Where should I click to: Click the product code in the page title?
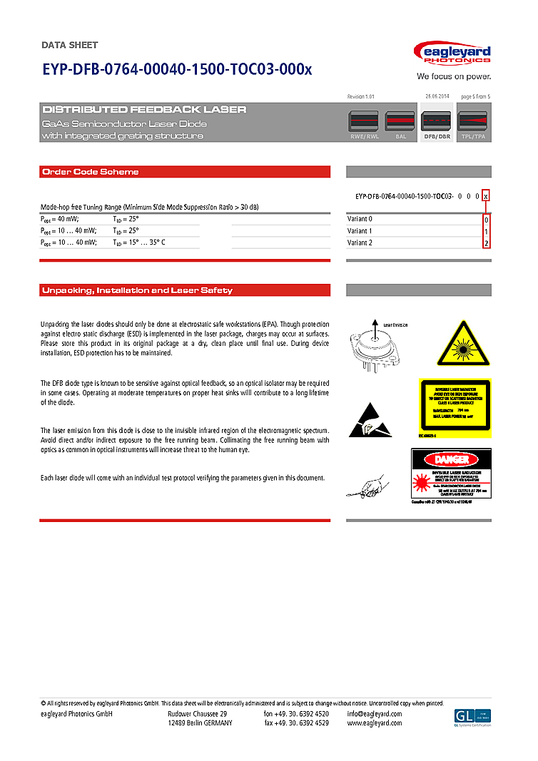coord(177,69)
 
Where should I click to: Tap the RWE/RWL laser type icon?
coord(364,126)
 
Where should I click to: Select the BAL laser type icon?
coord(400,126)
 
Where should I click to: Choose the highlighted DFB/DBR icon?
coord(437,126)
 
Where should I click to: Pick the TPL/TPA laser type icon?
coord(473,126)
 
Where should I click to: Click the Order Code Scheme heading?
coord(91,172)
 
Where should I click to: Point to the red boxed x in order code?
coord(486,195)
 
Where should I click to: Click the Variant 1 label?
coord(360,231)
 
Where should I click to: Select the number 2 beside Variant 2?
coord(486,243)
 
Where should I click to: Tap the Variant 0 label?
coord(360,219)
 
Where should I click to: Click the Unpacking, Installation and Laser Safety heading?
coord(137,290)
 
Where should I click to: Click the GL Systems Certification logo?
coord(472,717)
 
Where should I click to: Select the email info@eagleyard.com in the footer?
coord(374,714)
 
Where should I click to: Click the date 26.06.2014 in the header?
coord(436,96)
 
